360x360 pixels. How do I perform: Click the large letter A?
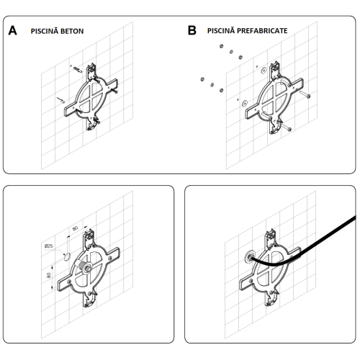click(13, 31)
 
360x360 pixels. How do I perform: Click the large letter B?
click(192, 31)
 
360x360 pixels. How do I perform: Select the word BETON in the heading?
click(72, 31)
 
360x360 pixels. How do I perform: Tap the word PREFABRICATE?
click(262, 31)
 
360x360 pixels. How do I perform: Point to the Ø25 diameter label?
click(49, 246)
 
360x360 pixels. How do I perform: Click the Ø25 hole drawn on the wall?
click(67, 257)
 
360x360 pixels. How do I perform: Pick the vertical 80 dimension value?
click(49, 275)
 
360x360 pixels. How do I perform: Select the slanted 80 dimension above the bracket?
click(75, 228)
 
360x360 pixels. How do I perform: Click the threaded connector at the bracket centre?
click(84, 268)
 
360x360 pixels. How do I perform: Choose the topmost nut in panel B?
click(221, 46)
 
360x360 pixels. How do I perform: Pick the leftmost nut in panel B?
click(202, 79)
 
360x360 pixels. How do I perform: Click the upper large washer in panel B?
click(264, 70)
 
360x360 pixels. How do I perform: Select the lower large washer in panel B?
click(245, 103)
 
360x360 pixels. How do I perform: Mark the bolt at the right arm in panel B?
click(305, 94)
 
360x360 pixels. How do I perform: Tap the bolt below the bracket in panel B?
click(286, 127)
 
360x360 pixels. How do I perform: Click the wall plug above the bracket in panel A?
click(78, 69)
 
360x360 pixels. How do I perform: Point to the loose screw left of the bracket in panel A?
click(60, 100)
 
